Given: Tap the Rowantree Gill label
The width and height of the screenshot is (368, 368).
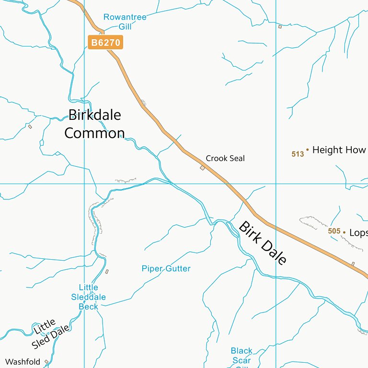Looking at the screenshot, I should tap(125, 22).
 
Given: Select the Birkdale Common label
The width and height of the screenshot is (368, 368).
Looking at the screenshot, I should tap(94, 124).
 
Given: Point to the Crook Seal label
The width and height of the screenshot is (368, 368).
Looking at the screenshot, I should tap(225, 158).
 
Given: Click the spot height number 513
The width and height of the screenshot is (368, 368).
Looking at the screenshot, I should tap(298, 154).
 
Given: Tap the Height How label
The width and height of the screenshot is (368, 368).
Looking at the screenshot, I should tap(339, 150).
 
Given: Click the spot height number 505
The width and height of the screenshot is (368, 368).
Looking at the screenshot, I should tap(334, 231).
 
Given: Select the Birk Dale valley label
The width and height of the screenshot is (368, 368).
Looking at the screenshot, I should tap(263, 243).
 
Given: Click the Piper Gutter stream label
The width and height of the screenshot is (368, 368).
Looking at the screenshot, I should tap(166, 269).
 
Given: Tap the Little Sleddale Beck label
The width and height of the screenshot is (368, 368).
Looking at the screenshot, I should tap(88, 297).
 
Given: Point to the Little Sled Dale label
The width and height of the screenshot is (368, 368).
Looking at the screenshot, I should tap(51, 334).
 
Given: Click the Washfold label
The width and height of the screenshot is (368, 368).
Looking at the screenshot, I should tap(23, 362).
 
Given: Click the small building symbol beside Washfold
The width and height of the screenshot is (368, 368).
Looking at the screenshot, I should tap(46, 362).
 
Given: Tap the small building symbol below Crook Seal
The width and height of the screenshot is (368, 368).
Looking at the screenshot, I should tap(202, 168).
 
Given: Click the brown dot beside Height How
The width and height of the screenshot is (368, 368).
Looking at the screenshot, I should tap(308, 149).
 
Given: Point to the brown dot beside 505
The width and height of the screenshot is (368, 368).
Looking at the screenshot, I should tap(344, 232).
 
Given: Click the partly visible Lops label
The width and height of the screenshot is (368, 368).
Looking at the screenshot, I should tap(358, 233).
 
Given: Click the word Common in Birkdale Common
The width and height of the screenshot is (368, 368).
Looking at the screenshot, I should tap(94, 133).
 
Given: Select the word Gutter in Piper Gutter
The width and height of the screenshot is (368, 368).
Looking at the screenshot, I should tap(178, 269).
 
